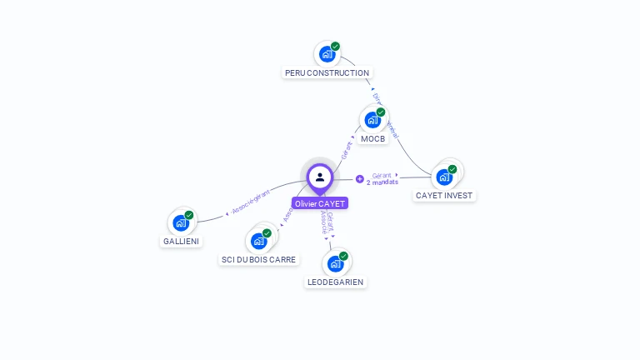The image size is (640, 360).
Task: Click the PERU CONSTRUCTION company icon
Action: click(x=327, y=54)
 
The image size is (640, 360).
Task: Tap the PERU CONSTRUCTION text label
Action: click(x=327, y=73)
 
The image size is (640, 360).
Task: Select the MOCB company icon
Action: click(x=372, y=120)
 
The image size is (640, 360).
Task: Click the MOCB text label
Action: click(x=373, y=139)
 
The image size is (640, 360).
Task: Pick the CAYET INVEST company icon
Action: click(x=444, y=177)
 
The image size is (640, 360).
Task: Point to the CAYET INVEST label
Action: click(x=444, y=196)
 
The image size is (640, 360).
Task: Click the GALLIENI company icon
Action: click(x=181, y=222)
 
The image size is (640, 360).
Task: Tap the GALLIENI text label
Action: click(x=181, y=242)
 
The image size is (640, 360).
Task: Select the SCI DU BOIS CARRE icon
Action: click(x=258, y=241)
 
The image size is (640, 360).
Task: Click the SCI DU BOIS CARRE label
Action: click(x=258, y=260)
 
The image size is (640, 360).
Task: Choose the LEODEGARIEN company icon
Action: click(x=335, y=263)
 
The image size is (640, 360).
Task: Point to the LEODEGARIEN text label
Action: click(x=335, y=282)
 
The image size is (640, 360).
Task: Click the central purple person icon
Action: click(x=320, y=177)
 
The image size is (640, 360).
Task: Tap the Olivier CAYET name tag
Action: click(x=320, y=203)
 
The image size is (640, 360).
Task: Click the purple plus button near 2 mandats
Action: click(x=360, y=178)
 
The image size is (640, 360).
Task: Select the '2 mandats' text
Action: click(x=382, y=182)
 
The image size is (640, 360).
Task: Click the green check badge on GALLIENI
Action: click(x=189, y=215)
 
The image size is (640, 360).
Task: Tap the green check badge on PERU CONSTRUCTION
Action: click(x=335, y=47)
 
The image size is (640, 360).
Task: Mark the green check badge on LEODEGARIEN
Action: click(x=343, y=256)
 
